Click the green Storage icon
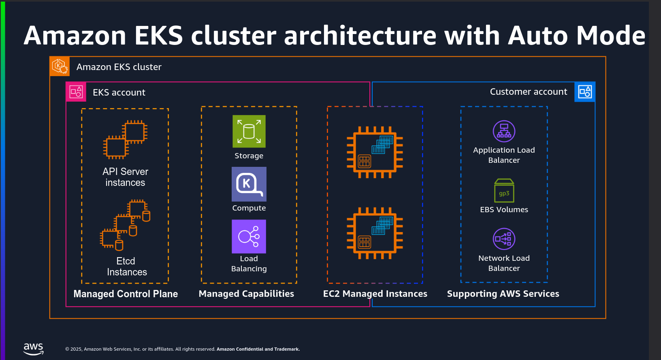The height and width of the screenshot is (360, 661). click(249, 131)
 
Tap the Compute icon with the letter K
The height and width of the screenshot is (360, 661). click(249, 184)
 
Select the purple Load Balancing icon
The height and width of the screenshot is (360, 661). click(249, 236)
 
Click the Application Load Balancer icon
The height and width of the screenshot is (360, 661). click(504, 131)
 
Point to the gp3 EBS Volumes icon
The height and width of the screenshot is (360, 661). click(504, 191)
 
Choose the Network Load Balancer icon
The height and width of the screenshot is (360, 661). click(504, 239)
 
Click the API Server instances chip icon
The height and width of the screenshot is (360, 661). click(125, 139)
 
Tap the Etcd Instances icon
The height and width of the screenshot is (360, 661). click(125, 225)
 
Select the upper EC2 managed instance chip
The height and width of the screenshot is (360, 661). click(375, 152)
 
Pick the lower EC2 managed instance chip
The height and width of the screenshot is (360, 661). click(375, 233)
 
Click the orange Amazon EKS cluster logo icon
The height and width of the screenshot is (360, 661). click(60, 66)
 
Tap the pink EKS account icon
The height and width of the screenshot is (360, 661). click(76, 92)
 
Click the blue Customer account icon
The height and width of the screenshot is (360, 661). click(585, 92)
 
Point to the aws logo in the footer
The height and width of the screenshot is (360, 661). click(33, 349)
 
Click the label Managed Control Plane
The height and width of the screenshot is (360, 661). click(126, 294)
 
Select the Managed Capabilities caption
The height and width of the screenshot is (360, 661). click(246, 294)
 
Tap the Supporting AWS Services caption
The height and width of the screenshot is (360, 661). click(503, 294)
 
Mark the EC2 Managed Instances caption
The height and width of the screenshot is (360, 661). click(375, 294)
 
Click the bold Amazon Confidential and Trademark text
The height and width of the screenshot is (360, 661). click(258, 349)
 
